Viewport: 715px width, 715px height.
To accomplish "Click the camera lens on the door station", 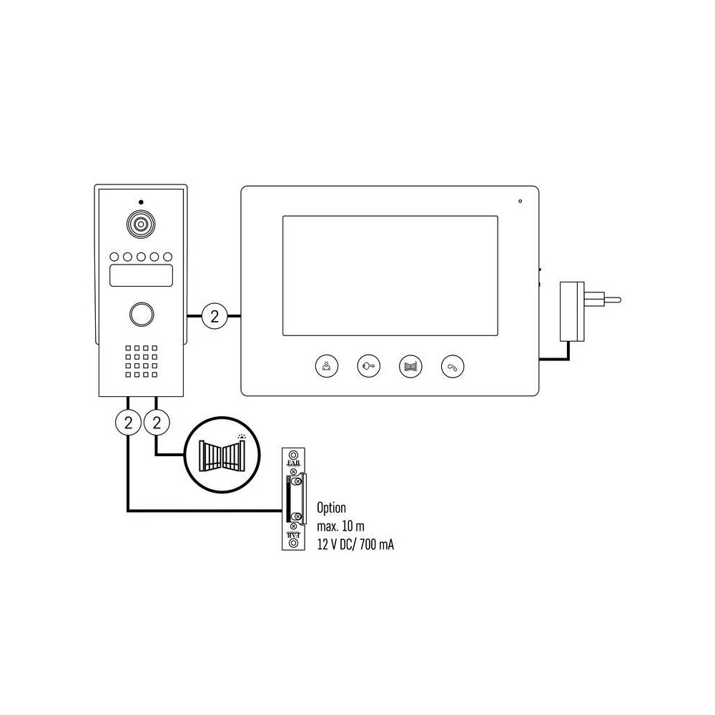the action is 141,224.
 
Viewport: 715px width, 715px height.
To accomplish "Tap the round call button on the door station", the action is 142,314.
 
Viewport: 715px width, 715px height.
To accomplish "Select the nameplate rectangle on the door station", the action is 142,275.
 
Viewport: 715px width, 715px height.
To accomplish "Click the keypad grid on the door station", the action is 142,361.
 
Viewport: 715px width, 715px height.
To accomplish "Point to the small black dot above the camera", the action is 141,202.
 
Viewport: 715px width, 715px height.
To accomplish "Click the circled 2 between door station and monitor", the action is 214,316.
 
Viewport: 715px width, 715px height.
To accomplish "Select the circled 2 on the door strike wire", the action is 128,423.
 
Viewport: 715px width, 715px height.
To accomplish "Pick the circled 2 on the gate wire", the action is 157,423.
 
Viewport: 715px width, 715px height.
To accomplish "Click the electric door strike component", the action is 294,499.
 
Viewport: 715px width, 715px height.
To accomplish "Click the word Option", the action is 332,508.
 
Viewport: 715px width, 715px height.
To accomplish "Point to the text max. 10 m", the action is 340,526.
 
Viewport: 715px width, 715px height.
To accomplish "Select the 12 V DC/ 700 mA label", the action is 355,544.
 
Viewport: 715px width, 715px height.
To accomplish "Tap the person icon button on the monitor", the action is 327,365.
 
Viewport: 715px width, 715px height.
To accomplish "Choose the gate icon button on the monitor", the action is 410,365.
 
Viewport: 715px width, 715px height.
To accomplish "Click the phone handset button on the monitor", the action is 453,365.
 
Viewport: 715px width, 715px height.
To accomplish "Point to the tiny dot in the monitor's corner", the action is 520,201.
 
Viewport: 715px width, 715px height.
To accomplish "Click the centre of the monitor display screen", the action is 390,276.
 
